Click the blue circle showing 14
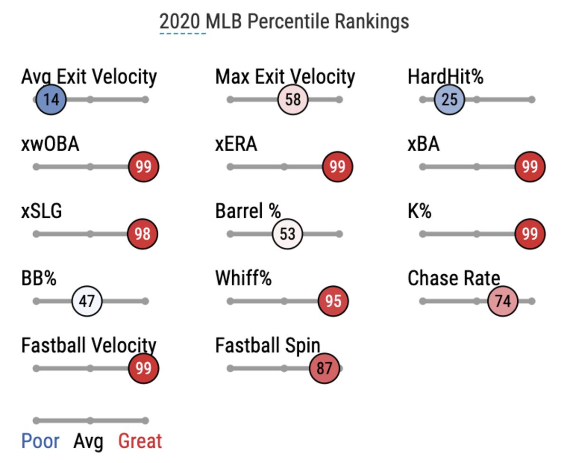coord(51,100)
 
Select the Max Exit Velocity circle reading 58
coord(293,100)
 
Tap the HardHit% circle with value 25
coord(449,100)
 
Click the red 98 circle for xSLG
coord(142,234)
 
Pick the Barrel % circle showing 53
coord(287,234)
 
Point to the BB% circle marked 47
coord(87,301)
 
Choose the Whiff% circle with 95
coord(333,301)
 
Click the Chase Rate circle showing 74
coord(503,301)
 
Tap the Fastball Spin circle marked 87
coord(324,368)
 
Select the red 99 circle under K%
coord(530,234)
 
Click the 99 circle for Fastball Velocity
coord(143,368)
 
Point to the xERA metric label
coord(236,144)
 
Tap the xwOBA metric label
coord(50,144)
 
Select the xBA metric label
coord(424,144)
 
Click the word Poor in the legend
coord(40,441)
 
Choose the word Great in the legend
coord(140,441)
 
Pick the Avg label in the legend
coord(88,442)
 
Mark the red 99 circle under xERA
coord(337,167)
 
